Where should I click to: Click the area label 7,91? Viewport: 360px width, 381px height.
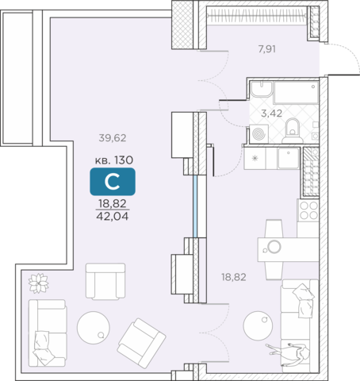tap(267, 49)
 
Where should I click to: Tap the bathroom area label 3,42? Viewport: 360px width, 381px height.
tap(271, 114)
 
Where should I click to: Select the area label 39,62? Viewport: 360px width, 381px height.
tap(113, 138)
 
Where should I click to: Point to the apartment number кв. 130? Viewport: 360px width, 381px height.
tap(114, 160)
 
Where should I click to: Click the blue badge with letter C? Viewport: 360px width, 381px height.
tap(113, 182)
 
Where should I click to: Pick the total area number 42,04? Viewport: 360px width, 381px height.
tap(113, 217)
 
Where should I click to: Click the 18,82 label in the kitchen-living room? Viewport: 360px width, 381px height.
tap(234, 277)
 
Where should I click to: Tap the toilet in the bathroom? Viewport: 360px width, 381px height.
tap(293, 131)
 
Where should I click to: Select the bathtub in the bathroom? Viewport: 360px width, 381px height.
tap(296, 92)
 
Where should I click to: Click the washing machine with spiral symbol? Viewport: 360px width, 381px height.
tap(259, 134)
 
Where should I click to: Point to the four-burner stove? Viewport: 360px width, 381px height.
tap(308, 210)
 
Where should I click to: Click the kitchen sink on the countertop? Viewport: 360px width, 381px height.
tap(289, 158)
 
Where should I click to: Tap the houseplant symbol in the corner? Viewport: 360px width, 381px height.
tap(39, 283)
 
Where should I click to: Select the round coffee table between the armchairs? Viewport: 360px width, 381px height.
tap(94, 327)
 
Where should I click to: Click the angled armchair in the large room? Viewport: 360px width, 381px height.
tap(141, 343)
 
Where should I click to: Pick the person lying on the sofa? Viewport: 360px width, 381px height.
tap(287, 352)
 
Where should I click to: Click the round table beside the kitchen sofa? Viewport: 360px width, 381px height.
tap(258, 326)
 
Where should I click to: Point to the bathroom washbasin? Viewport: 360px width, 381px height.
tap(261, 89)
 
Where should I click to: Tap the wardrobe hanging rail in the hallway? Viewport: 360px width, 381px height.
tap(257, 15)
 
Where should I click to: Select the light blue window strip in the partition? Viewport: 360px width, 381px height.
tap(195, 206)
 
